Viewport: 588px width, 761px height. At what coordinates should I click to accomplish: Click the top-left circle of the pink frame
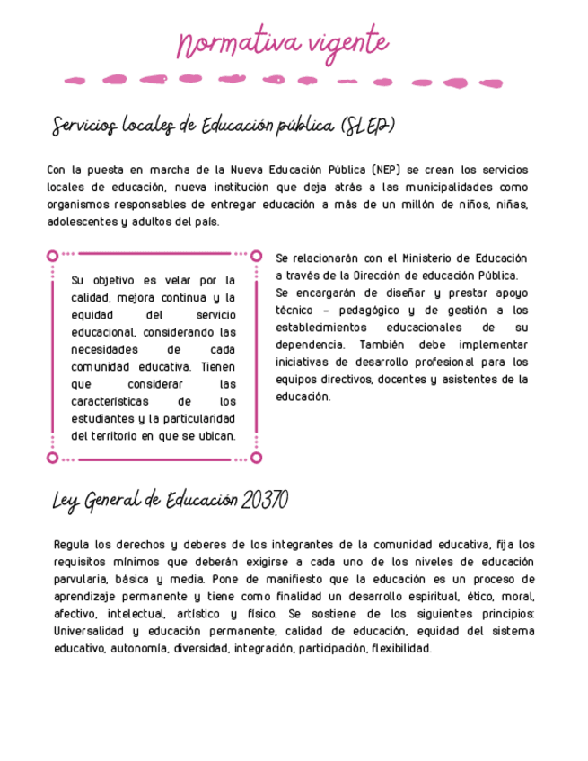coord(52,256)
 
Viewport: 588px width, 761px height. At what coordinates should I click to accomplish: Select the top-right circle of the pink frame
coord(256,256)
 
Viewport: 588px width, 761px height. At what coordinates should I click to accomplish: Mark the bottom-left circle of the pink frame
coord(52,458)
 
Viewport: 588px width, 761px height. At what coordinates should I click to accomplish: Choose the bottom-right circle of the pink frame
coord(256,458)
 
